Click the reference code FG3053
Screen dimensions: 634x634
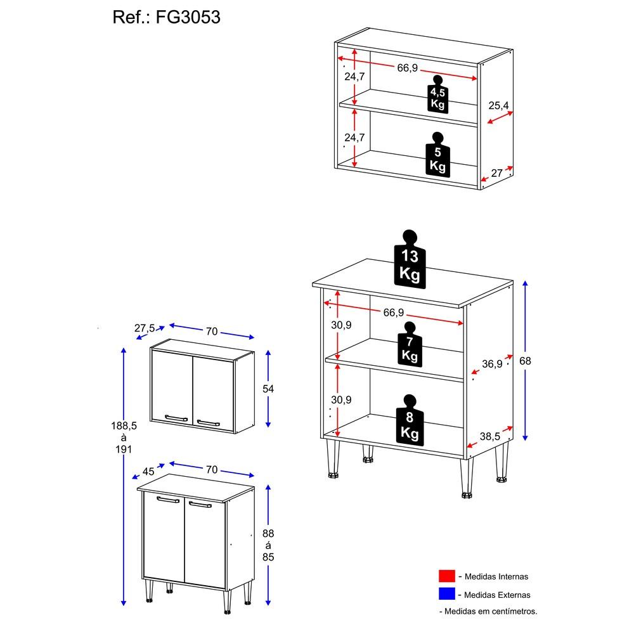coord(188,17)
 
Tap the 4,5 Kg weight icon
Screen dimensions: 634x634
coord(437,94)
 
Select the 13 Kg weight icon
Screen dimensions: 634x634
coord(410,259)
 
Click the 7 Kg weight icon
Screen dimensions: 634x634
coord(410,344)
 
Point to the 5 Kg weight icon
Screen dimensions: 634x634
coord(437,155)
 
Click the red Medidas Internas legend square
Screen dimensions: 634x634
coord(447,576)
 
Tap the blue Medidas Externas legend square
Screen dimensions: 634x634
coord(447,594)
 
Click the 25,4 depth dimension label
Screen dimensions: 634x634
coord(498,105)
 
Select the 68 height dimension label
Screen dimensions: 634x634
coord(525,361)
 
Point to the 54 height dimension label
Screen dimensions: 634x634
coord(268,389)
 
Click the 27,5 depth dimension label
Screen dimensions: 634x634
coord(145,328)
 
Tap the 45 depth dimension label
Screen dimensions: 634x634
coord(148,472)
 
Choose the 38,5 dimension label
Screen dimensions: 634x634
coord(490,436)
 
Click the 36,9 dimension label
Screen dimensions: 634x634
coord(492,364)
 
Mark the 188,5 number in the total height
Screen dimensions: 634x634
coord(124,425)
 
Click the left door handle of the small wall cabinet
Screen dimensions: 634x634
coord(176,418)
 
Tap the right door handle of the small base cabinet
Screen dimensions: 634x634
coord(200,504)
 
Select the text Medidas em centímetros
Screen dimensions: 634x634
coord(491,611)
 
